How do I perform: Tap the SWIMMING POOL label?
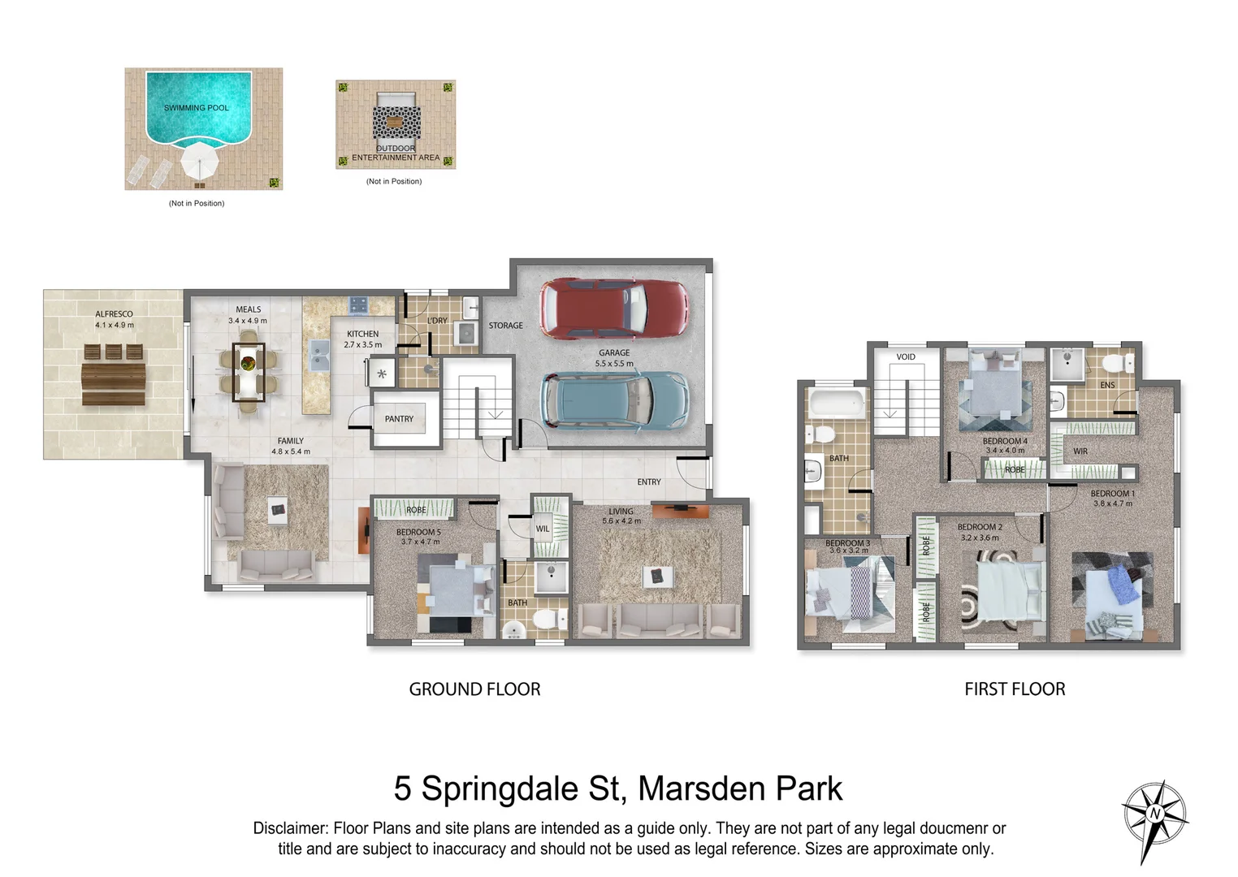coord(197,108)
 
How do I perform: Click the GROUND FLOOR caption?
coord(474,689)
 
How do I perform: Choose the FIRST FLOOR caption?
coord(1015,689)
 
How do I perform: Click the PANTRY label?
coord(399,419)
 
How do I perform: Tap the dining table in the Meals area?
coord(249,372)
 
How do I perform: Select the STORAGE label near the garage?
coord(505,326)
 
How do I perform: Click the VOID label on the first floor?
coord(906,357)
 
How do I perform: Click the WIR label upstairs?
coord(1080,451)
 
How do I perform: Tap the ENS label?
coord(1107,385)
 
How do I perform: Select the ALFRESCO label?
coord(114,314)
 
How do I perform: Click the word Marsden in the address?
coord(702,788)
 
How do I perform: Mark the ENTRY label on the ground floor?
coord(649,482)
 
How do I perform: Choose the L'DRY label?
coord(438,321)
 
